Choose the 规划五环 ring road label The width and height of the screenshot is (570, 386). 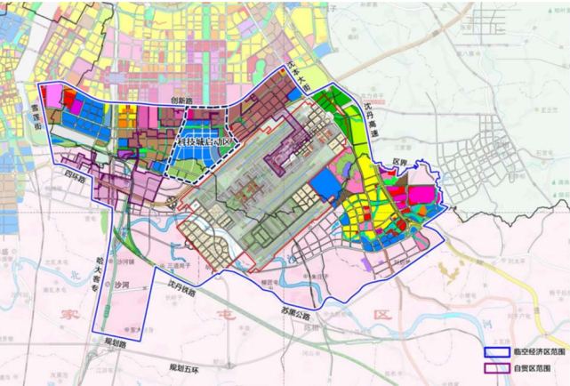188,366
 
